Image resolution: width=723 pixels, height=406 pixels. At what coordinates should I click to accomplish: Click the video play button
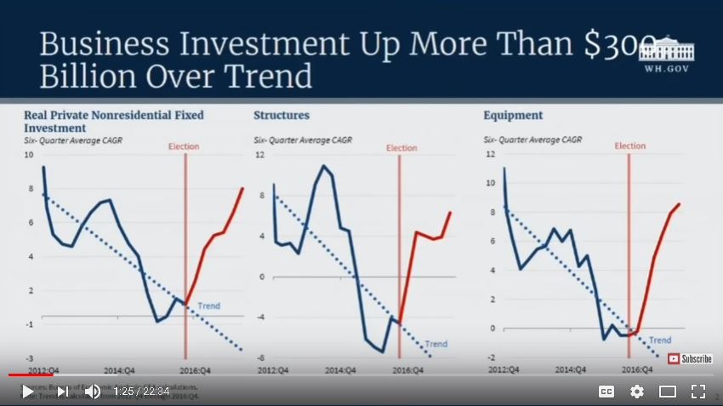click(x=28, y=392)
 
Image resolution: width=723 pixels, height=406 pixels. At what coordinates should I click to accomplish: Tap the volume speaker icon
click(x=92, y=392)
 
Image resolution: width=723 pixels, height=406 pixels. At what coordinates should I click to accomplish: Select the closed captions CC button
click(x=606, y=392)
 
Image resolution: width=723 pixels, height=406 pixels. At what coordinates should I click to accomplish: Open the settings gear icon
click(x=636, y=392)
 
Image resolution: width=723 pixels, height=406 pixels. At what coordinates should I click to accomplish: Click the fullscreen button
click(x=697, y=392)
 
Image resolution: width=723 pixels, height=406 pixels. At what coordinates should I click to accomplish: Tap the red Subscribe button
click(x=690, y=358)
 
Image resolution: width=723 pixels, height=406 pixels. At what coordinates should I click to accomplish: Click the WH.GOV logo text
click(x=669, y=68)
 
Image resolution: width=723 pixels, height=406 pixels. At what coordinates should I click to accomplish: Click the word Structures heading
click(x=282, y=115)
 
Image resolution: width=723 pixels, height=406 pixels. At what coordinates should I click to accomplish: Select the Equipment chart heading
click(x=513, y=115)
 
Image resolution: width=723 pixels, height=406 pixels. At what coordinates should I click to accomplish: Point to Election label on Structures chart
click(x=401, y=148)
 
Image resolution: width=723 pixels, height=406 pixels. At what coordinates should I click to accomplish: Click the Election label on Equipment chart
click(x=630, y=146)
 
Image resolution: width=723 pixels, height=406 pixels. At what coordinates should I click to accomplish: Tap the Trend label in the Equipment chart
click(x=659, y=340)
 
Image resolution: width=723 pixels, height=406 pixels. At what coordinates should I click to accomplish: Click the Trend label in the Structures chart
click(x=436, y=344)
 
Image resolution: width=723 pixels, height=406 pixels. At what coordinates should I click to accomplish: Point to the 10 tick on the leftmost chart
click(x=29, y=155)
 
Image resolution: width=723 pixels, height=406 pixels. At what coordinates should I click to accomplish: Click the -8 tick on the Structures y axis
click(x=261, y=357)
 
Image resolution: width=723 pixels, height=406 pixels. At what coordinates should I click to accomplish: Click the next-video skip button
click(x=62, y=392)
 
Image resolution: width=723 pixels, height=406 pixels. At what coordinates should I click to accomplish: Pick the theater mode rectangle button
click(x=668, y=392)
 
